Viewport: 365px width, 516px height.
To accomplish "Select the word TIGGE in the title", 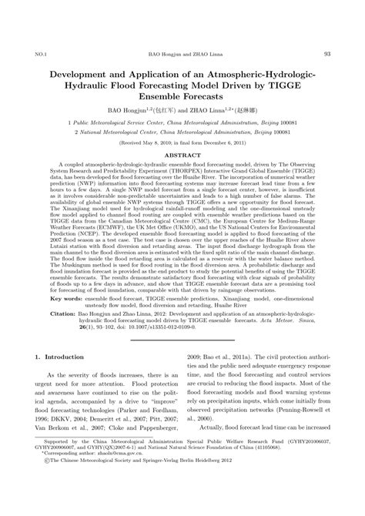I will click(283, 86).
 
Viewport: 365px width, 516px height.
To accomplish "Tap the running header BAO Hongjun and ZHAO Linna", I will click(182, 54).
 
